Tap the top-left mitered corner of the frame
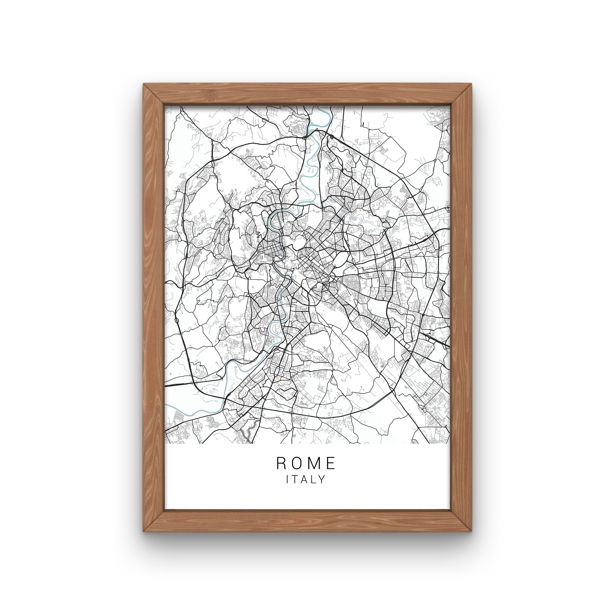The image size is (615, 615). (x=154, y=95)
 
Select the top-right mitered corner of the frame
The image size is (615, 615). (x=461, y=95)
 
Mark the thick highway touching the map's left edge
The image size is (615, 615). (x=166, y=386)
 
